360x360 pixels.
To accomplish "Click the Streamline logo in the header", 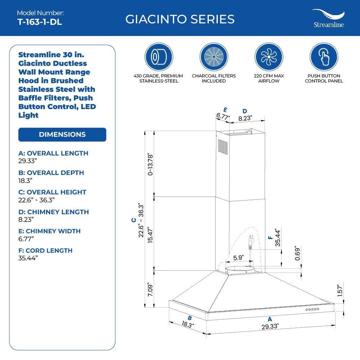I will [328, 19].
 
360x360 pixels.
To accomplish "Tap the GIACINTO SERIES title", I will [180, 19].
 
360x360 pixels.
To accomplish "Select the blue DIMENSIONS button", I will [62, 134].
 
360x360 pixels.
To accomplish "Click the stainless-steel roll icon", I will [158, 57].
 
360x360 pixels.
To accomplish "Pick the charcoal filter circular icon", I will [214, 57].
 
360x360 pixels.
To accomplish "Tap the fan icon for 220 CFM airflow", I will [269, 57].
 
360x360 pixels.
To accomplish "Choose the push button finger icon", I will [324, 57].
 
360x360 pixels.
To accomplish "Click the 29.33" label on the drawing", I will [270, 327].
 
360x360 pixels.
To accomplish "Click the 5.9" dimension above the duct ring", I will [238, 258].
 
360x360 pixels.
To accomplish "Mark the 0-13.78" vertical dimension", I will [151, 164].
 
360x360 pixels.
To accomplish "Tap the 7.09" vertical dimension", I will [151, 290].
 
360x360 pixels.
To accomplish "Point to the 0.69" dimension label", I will [297, 254].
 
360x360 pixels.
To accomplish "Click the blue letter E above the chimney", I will [225, 110].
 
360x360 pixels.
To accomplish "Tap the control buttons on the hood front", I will [312, 310].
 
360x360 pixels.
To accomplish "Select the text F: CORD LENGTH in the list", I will [45, 251].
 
